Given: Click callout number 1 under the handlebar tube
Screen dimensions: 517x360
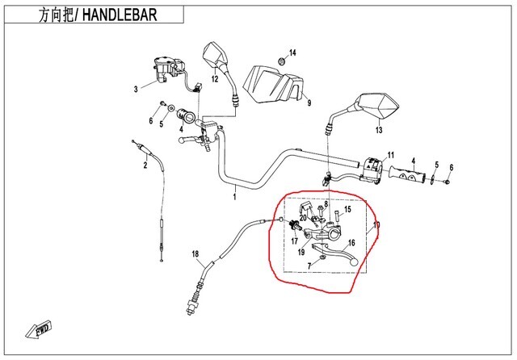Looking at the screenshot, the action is click(235, 195).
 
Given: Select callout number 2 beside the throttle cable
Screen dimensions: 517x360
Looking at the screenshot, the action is click(145, 166).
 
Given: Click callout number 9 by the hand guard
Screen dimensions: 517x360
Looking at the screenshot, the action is click(307, 103).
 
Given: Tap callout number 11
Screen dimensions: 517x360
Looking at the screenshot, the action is click(389, 154).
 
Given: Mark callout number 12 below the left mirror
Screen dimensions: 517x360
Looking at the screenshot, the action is click(216, 79).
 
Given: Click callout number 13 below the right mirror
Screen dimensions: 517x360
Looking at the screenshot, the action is click(378, 129).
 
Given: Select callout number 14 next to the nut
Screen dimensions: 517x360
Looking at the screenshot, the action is click(293, 52).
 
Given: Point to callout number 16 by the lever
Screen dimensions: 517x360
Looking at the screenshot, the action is click(351, 242).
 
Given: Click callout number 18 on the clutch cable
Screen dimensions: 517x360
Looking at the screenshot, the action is click(195, 255).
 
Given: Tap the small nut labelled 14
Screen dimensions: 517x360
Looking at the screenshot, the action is click(280, 61).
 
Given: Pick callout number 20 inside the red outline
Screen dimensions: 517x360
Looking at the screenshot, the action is click(303, 218).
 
